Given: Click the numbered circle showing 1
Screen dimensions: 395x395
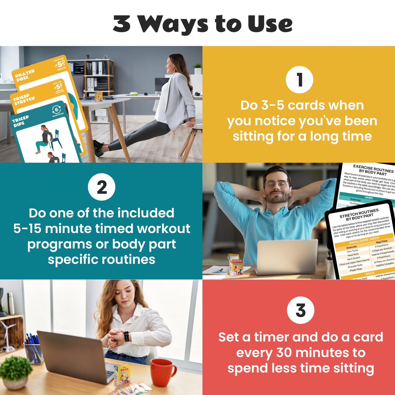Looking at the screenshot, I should pyautogui.click(x=299, y=80).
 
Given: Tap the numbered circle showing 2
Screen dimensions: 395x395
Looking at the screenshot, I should pyautogui.click(x=101, y=187).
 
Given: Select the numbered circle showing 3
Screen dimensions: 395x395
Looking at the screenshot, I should pyautogui.click(x=300, y=310).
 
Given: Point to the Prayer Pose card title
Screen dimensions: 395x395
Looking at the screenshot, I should pyautogui.click(x=25, y=75).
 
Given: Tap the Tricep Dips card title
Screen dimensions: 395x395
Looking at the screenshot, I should pyautogui.click(x=20, y=121).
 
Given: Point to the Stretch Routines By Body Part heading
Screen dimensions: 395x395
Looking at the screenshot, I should pyautogui.click(x=359, y=215).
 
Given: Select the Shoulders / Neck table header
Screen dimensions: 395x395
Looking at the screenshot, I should pyautogui.click(x=364, y=240).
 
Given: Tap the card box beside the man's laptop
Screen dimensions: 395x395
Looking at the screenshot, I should pyautogui.click(x=235, y=265).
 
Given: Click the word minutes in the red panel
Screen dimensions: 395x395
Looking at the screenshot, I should pyautogui.click(x=319, y=353).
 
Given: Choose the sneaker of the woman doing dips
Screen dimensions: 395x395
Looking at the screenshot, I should pyautogui.click(x=98, y=148).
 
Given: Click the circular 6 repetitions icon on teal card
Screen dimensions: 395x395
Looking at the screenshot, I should pyautogui.click(x=56, y=110).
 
